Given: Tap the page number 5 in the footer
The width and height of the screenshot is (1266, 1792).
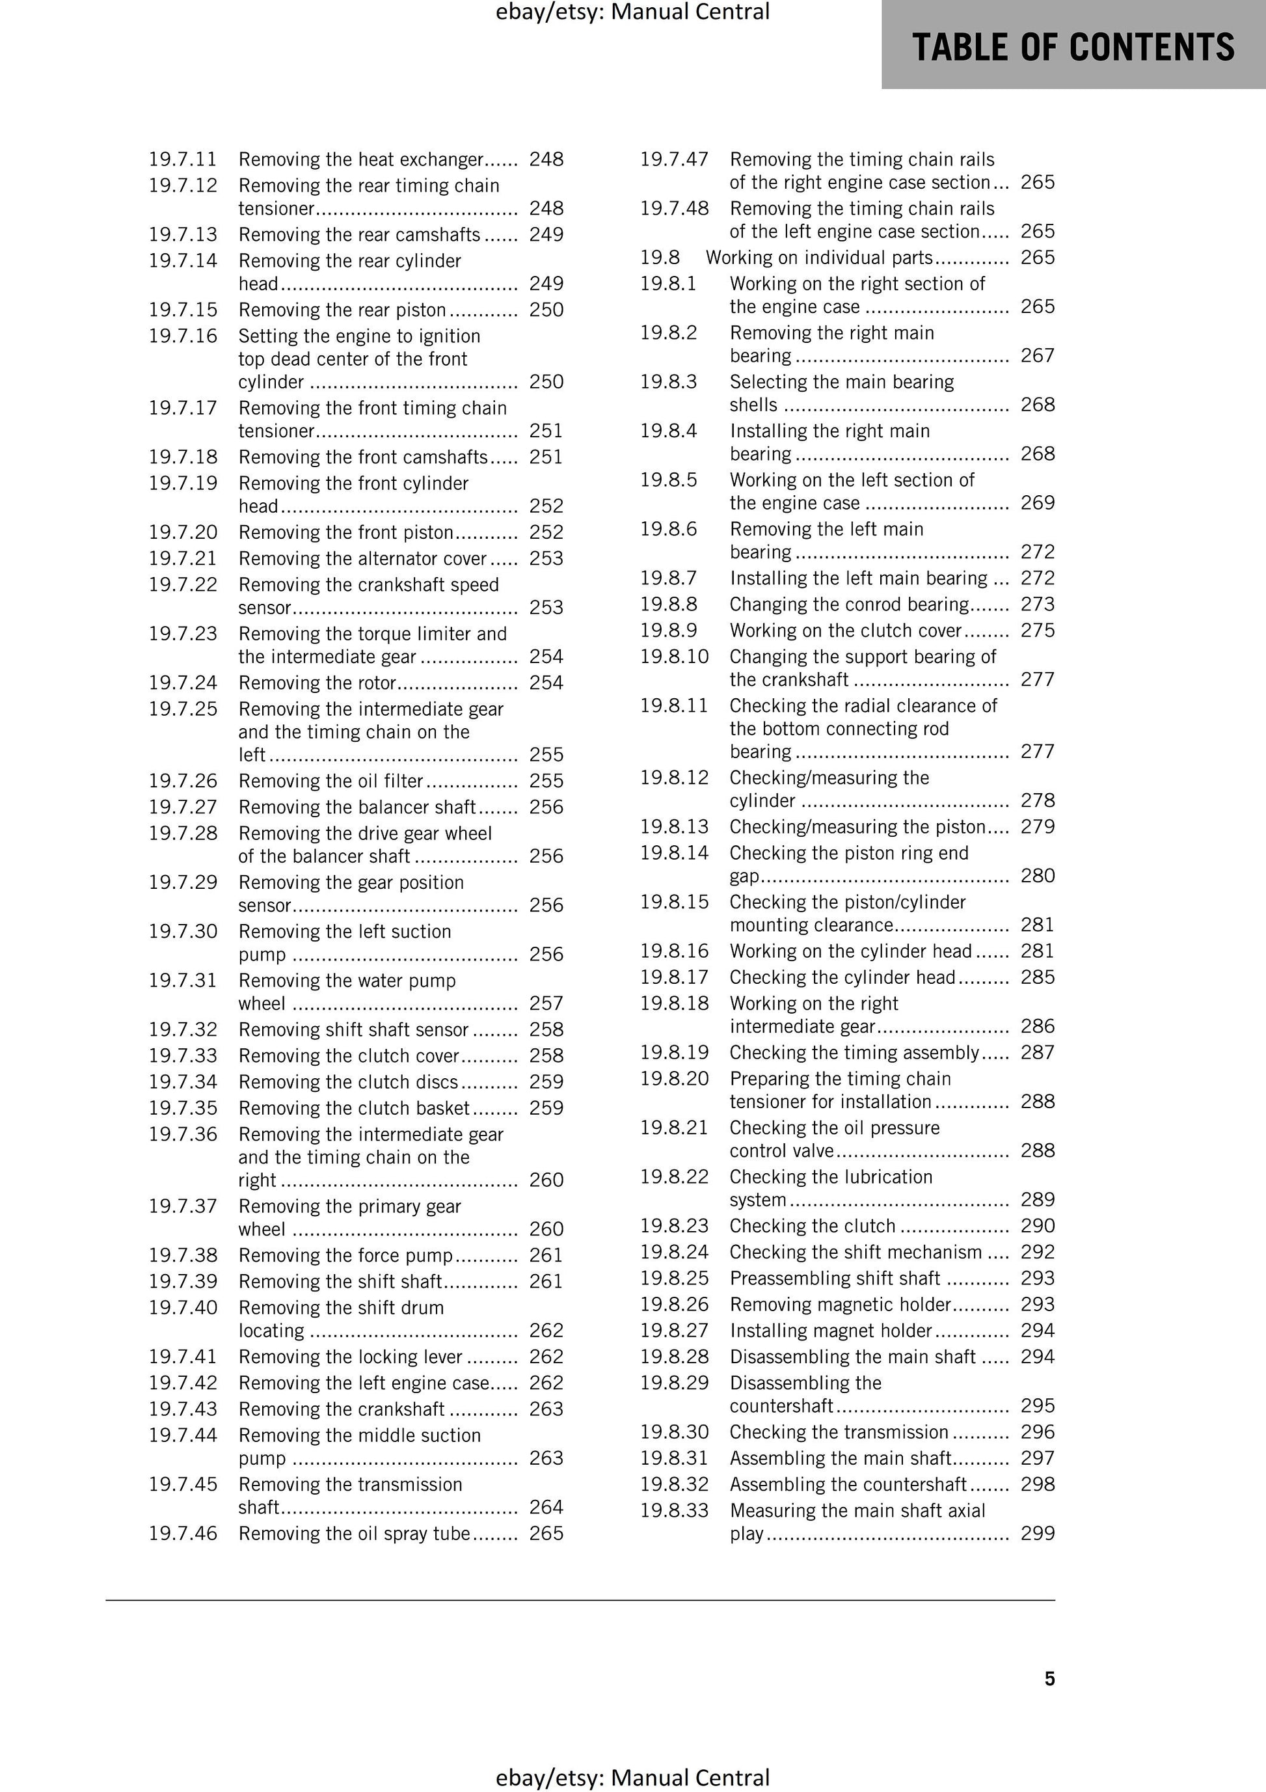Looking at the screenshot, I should (1049, 1678).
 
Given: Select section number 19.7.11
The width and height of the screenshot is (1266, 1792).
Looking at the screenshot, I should (183, 159).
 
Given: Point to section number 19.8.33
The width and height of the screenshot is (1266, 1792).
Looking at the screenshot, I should (675, 1510).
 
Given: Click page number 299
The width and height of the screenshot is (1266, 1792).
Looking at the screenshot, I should (1037, 1533).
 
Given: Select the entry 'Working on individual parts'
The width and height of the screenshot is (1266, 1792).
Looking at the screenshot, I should (820, 258).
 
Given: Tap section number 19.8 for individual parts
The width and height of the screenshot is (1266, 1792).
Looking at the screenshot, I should (660, 258).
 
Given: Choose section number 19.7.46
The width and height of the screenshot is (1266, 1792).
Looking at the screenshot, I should (183, 1533).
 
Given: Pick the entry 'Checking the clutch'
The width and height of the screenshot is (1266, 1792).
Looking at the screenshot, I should (813, 1226).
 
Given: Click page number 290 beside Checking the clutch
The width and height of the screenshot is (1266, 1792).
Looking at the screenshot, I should (1037, 1226).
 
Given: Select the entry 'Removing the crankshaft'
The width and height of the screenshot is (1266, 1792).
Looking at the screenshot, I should (342, 1409).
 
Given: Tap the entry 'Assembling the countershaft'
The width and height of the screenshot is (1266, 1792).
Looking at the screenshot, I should (848, 1484).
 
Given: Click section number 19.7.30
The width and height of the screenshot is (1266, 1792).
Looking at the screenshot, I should (183, 931).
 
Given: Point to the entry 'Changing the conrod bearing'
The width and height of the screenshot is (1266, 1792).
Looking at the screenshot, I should (849, 604).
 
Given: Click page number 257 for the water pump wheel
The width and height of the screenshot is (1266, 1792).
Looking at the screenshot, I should (546, 1003).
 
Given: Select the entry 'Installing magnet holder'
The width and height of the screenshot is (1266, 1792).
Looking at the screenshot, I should (831, 1330).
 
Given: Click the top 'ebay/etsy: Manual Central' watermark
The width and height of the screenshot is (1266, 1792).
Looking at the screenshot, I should (632, 12).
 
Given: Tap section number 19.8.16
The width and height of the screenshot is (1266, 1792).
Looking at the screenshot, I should (675, 951).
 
